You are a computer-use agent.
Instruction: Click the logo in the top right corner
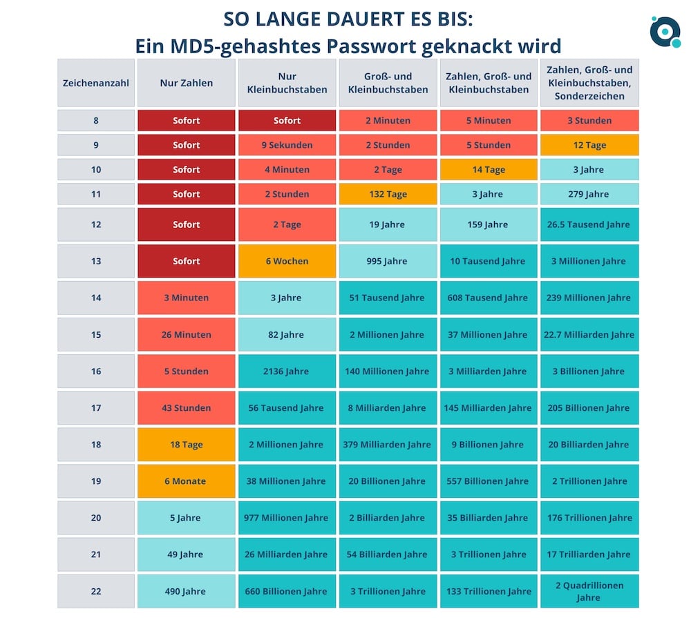pyautogui.click(x=665, y=31)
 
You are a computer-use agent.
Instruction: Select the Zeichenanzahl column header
pyautogui.click(x=96, y=83)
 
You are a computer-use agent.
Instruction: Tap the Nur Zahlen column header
pyautogui.click(x=187, y=83)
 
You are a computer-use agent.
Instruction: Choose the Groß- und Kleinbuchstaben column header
pyautogui.click(x=388, y=83)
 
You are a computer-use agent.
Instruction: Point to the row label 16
pyautogui.click(x=96, y=371)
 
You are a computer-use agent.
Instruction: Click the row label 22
pyautogui.click(x=96, y=591)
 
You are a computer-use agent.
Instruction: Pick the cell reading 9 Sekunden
pyautogui.click(x=287, y=145)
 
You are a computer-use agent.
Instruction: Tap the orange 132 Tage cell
pyautogui.click(x=388, y=194)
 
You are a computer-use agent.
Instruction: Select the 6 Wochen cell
pyautogui.click(x=287, y=261)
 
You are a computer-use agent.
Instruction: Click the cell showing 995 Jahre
pyautogui.click(x=388, y=261)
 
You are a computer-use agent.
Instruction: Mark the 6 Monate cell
pyautogui.click(x=187, y=481)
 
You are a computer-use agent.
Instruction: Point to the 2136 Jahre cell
pyautogui.click(x=287, y=371)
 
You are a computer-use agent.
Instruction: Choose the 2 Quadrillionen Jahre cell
pyautogui.click(x=589, y=591)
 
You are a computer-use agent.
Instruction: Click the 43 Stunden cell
pyautogui.click(x=187, y=408)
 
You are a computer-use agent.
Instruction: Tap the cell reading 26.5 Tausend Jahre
pyautogui.click(x=589, y=224)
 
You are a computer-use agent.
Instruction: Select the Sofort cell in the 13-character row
pyautogui.click(x=187, y=261)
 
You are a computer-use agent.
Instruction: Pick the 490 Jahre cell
pyautogui.click(x=187, y=591)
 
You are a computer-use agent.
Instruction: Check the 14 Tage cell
pyautogui.click(x=489, y=170)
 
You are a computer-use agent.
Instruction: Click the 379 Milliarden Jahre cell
pyautogui.click(x=388, y=445)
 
